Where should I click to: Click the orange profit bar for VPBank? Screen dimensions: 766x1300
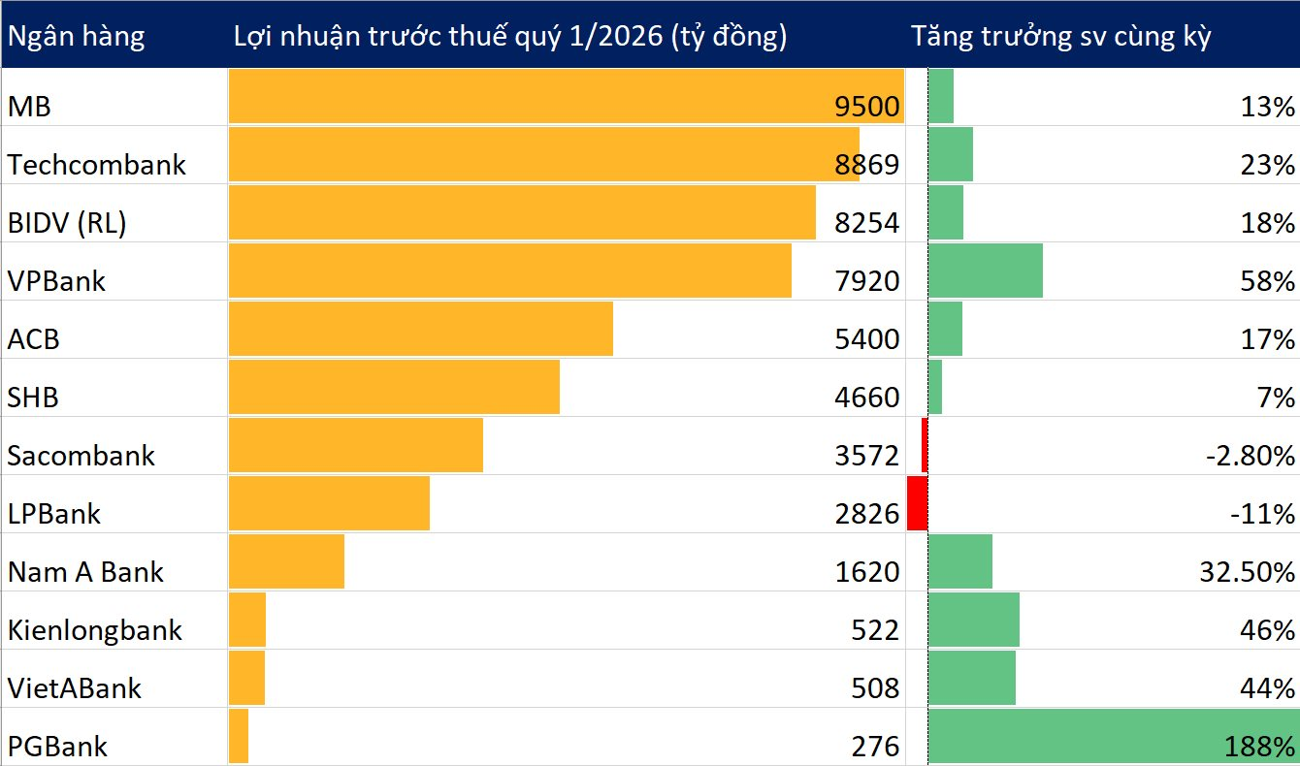(509, 271)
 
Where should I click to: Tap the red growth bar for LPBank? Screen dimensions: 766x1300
(917, 503)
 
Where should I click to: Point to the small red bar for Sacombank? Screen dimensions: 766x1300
(925, 445)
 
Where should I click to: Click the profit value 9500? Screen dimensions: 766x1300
(867, 107)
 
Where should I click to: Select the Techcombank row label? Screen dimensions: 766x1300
(96, 164)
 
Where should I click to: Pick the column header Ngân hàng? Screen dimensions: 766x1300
(76, 36)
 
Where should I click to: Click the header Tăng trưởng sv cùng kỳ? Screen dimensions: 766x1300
(1060, 36)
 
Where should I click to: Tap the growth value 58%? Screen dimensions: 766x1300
(1268, 281)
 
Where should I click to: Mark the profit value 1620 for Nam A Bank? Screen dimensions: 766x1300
(867, 572)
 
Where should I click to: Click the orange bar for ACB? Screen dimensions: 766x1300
(420, 329)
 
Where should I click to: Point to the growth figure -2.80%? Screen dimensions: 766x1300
(1250, 456)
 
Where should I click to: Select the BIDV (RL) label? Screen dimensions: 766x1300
(67, 223)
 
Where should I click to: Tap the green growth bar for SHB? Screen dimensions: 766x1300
(935, 387)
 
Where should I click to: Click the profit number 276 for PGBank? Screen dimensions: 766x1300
(877, 747)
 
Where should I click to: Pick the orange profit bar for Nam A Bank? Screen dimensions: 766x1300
(286, 561)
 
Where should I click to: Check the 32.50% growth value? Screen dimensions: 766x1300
(1247, 572)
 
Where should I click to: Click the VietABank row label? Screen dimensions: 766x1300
(74, 688)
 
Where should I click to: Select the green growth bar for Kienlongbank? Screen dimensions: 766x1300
(974, 620)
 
